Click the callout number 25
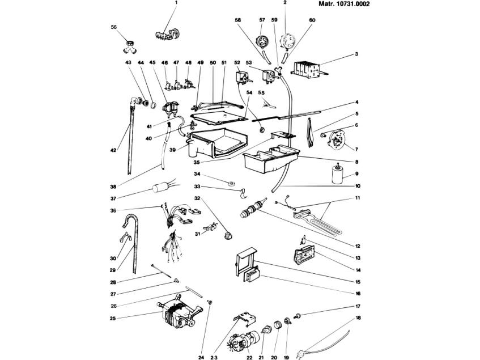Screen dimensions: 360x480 click(113, 319)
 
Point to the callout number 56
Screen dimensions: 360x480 click(113, 27)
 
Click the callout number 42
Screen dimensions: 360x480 click(113, 151)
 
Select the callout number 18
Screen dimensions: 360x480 click(357, 319)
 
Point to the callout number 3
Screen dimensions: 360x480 click(357, 55)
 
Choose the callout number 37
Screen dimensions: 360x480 click(113, 198)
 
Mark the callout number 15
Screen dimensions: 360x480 click(358, 281)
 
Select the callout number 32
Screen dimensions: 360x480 click(198, 198)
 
